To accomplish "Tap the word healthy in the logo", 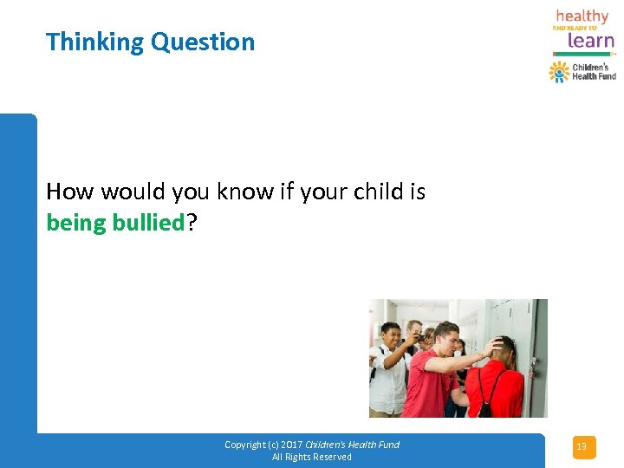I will coord(582,16).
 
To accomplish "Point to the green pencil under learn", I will coord(583,55).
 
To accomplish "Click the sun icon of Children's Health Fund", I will coord(559,71).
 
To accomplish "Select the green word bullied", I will coord(149,223).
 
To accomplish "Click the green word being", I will coord(76,223).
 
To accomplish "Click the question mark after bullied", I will coord(192,223).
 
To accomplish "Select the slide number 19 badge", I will coord(582,447).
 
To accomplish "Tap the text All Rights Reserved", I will coord(312,457).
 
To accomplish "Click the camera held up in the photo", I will coord(419,339).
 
